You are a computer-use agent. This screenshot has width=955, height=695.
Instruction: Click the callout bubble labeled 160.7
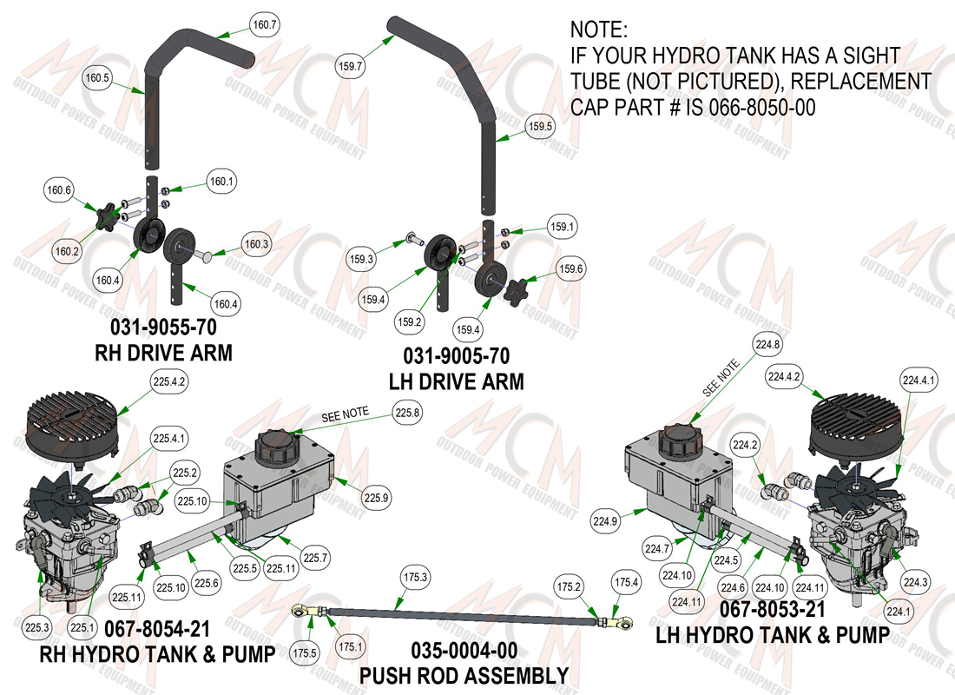[264, 25]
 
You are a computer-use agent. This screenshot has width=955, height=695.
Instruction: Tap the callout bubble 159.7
[350, 66]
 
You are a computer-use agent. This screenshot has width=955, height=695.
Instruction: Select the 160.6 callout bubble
[59, 190]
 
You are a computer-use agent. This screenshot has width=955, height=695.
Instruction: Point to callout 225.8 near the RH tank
[407, 413]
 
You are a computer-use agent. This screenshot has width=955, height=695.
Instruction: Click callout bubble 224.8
[767, 344]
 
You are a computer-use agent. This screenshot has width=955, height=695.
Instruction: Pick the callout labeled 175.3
[415, 577]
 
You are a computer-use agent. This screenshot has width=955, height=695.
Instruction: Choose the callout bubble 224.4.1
[919, 381]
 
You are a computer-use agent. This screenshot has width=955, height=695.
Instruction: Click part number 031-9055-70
[163, 328]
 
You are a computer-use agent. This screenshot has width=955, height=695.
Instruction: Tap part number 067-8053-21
[773, 609]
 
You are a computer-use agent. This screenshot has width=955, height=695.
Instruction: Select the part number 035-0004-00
[464, 651]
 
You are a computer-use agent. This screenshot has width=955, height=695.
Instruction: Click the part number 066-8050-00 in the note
[762, 108]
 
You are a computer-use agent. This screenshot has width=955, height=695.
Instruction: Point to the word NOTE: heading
[599, 30]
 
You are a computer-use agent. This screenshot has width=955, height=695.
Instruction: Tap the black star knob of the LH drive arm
[517, 290]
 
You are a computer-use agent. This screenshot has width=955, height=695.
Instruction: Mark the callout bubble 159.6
[570, 268]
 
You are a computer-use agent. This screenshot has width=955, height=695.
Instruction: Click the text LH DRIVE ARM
[456, 381]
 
